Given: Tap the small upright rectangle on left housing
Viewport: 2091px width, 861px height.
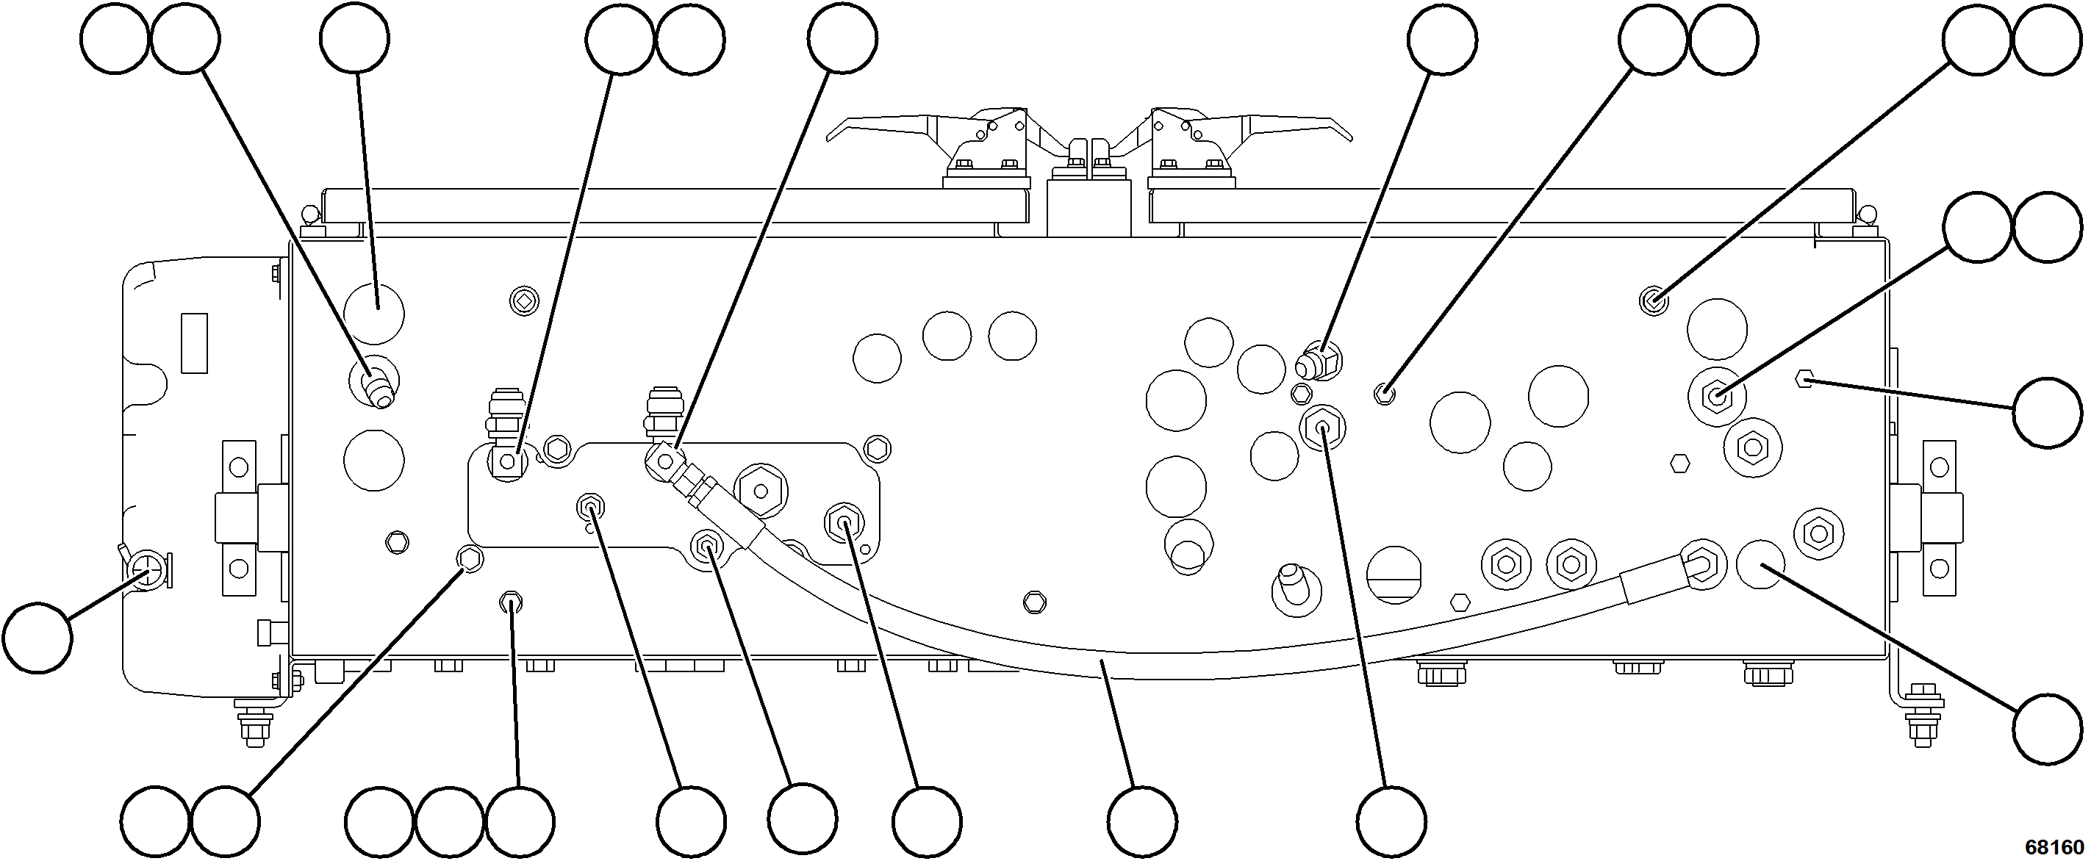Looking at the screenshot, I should point(194,342).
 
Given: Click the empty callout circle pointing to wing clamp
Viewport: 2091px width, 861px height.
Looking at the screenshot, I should point(37,638).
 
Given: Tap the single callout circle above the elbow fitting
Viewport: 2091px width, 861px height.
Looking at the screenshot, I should point(1443,40).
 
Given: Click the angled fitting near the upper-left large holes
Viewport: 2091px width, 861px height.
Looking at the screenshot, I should point(376,386).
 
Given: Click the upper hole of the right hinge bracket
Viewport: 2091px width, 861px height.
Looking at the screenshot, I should point(1938,467).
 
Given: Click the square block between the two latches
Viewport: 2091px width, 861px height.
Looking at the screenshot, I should point(1087,207).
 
